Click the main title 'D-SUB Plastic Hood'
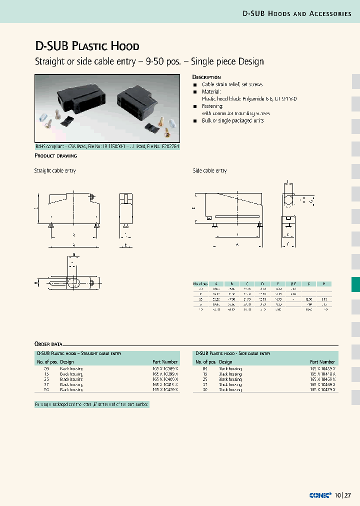tap(86, 46)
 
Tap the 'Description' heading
tap(206, 77)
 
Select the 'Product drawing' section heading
tap(55, 156)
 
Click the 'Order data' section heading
tap(48, 344)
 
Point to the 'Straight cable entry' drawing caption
tap(55, 171)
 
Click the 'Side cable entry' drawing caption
tap(210, 171)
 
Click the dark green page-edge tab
tap(355, 284)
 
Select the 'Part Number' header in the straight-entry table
tap(165, 361)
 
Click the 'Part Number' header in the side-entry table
tap(322, 361)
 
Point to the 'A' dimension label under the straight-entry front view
tap(73, 244)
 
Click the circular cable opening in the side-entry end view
tap(289, 200)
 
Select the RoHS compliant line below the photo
tap(106, 147)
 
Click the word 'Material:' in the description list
tap(211, 92)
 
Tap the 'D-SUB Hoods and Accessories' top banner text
tap(297, 13)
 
